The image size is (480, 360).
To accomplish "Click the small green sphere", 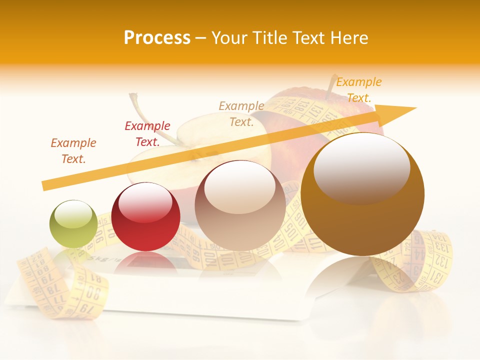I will (x=73, y=224).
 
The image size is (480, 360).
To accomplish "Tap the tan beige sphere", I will (x=240, y=205).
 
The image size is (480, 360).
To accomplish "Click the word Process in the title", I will (x=157, y=38).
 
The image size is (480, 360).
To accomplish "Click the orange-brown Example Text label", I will (x=73, y=150).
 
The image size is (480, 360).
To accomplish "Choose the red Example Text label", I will (x=147, y=133).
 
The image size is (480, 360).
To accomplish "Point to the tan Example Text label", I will (x=241, y=113).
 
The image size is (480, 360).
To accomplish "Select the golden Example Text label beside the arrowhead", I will (x=358, y=89).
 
